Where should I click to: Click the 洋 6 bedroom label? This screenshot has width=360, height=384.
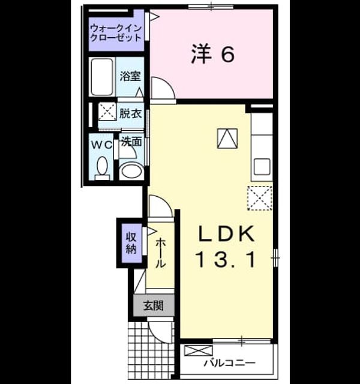(213, 55)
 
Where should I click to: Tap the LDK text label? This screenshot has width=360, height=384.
(227, 234)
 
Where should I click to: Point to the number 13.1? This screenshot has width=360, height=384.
(226, 260)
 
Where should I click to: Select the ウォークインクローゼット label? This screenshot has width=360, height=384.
(116, 33)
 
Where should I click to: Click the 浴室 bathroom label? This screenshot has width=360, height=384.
(130, 76)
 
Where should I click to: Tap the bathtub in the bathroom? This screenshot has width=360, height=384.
(102, 77)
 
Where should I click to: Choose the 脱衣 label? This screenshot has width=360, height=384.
(130, 113)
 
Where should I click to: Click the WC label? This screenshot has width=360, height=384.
(101, 145)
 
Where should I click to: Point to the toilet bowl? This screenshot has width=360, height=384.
(102, 167)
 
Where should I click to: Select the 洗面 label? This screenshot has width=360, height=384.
(132, 142)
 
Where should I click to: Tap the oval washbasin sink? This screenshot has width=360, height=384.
(132, 170)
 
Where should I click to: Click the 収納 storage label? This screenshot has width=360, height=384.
(131, 243)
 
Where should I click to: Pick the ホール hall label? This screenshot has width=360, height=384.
(160, 253)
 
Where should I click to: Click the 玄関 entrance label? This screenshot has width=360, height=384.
(154, 305)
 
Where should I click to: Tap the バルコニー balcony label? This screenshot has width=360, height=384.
(230, 362)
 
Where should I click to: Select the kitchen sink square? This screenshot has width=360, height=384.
(262, 167)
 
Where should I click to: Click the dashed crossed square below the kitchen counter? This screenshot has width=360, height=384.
(260, 198)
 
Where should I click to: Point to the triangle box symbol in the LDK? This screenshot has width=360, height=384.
(227, 139)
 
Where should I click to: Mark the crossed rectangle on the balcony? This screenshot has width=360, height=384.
(198, 350)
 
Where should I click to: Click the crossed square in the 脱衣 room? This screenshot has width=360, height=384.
(107, 112)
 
